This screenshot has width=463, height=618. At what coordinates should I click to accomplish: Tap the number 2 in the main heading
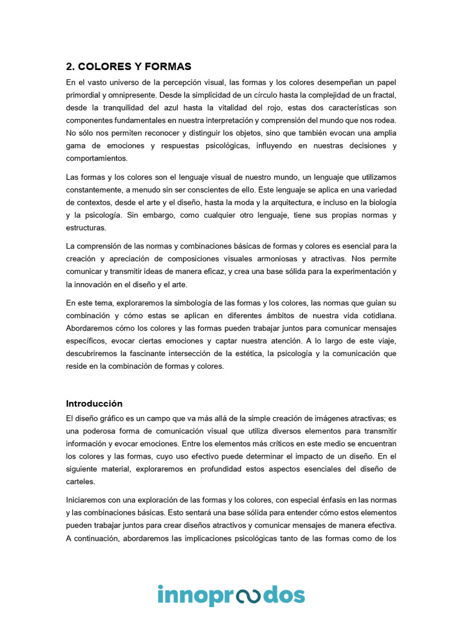pyautogui.click(x=69, y=66)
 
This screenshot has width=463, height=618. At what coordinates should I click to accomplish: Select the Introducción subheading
pyautogui.click(x=94, y=404)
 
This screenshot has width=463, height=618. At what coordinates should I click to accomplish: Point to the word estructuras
pyautogui.click(x=86, y=228)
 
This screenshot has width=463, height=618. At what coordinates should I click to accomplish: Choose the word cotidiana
pyautogui.click(x=377, y=315)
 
